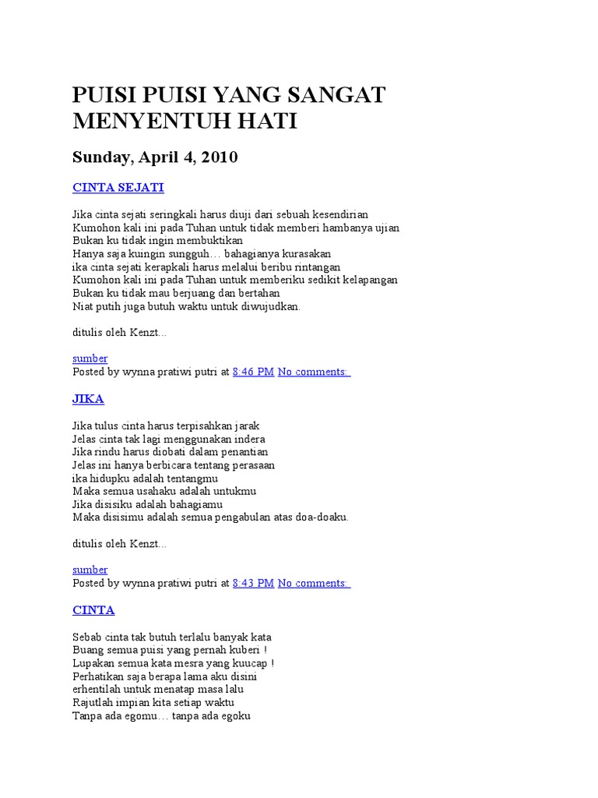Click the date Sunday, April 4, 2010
click(155, 157)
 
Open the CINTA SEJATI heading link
click(118, 188)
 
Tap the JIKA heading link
click(88, 399)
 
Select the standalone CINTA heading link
click(93, 610)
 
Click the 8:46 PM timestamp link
click(253, 372)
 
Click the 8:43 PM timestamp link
click(253, 583)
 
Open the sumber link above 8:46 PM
click(90, 358)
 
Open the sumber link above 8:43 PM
click(90, 570)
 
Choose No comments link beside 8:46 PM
click(314, 372)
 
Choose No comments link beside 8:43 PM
click(314, 583)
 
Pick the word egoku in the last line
click(234, 715)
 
